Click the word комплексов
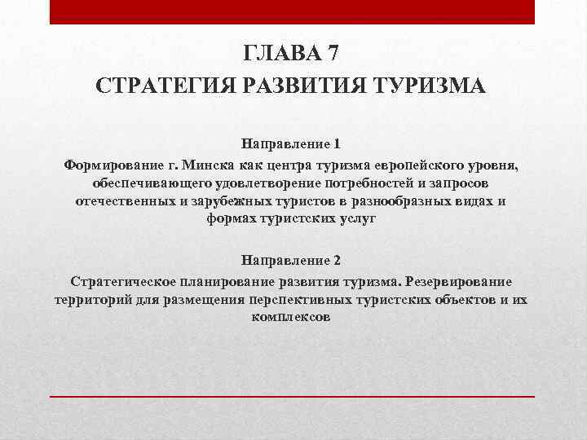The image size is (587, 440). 291,318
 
